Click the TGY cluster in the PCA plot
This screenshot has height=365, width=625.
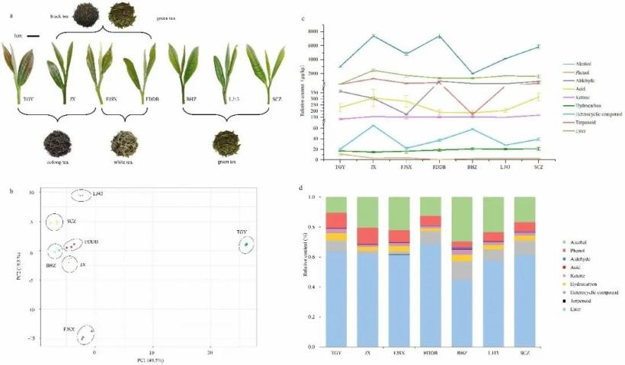[246, 245]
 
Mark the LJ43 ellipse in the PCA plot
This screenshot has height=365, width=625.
[82, 195]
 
